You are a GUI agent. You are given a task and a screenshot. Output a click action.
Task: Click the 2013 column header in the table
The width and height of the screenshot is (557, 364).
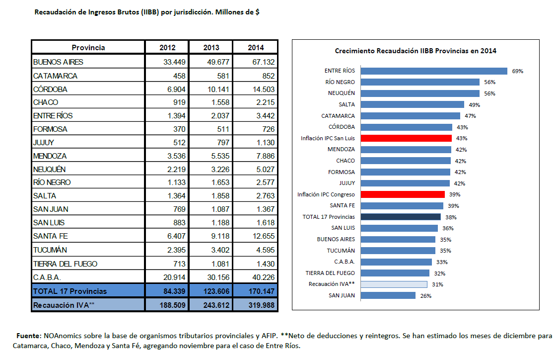tap(211, 48)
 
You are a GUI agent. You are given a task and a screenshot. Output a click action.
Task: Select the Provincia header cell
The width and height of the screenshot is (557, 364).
tap(88, 48)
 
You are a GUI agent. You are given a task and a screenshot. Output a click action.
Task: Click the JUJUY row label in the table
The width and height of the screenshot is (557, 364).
tap(44, 143)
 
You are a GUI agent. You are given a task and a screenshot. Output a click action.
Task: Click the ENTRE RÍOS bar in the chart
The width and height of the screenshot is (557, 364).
tap(434, 71)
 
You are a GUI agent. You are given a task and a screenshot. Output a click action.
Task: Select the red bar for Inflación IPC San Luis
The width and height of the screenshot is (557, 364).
tap(406, 138)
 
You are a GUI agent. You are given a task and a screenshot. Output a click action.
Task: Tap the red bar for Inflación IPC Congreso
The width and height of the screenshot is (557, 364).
tap(403, 194)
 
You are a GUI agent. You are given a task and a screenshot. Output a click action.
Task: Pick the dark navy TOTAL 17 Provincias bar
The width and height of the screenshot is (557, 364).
tap(401, 217)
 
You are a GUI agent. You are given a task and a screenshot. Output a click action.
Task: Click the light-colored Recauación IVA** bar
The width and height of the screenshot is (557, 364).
tap(394, 284)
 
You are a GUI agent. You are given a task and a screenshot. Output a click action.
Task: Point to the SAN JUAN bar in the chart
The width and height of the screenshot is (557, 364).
tap(388, 295)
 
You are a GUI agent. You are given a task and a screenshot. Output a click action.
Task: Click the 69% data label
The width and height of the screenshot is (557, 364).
tap(518, 71)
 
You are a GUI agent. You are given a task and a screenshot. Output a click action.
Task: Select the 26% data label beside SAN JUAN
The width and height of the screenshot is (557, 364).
tap(426, 296)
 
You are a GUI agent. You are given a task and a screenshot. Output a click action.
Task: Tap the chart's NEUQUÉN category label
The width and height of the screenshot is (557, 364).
tap(341, 93)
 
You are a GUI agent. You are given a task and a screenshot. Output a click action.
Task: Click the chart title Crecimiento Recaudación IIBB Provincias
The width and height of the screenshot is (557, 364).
tap(416, 51)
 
